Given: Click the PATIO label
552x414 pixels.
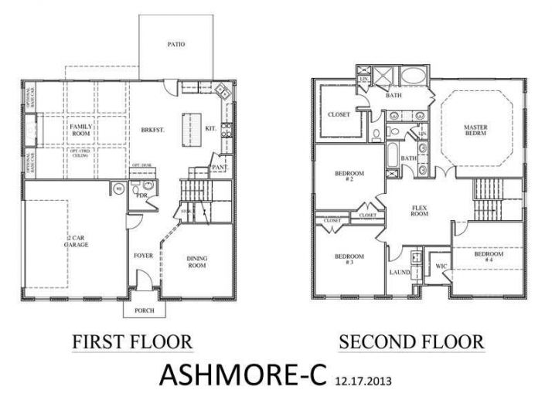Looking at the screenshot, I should (x=176, y=45).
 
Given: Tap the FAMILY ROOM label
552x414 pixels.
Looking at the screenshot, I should (x=80, y=129).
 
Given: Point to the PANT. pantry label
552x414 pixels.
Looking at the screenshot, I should (x=220, y=165).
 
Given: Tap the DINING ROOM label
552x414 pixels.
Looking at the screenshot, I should (x=198, y=262).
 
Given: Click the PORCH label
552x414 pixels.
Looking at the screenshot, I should (x=144, y=310).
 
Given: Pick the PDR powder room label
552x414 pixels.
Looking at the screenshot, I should (x=141, y=195).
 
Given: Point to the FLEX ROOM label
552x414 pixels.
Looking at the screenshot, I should (x=419, y=211).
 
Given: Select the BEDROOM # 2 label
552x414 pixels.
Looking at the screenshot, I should (x=345, y=175).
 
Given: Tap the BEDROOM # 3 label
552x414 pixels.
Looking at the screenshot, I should (x=345, y=259).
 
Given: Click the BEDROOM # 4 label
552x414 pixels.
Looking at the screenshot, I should (x=489, y=257).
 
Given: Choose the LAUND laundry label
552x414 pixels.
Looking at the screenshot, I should (x=399, y=272).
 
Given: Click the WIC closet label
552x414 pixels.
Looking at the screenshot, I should (x=441, y=266).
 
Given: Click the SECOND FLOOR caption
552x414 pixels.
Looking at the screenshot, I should (x=411, y=341).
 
